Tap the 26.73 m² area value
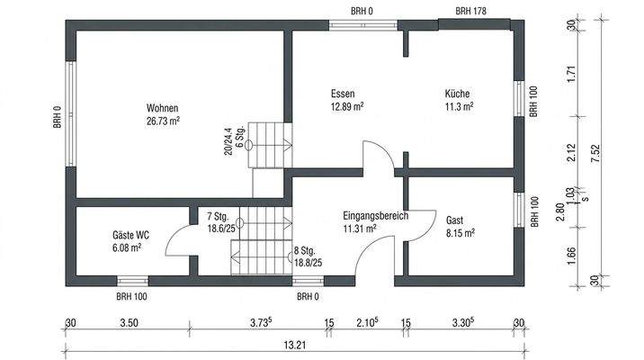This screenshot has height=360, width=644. coord(163,118)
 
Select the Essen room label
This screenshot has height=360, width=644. coord(343,94)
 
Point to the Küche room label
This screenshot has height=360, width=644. coord(457,94)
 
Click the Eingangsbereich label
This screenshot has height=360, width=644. coord(376,216)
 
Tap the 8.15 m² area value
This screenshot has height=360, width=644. coord(460,232)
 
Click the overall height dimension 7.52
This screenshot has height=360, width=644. coord(595,153)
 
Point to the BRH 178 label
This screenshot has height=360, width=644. coord(471,11)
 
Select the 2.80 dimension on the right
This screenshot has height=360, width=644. coord(559,211)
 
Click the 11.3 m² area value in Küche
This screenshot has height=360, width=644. coord(459,106)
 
